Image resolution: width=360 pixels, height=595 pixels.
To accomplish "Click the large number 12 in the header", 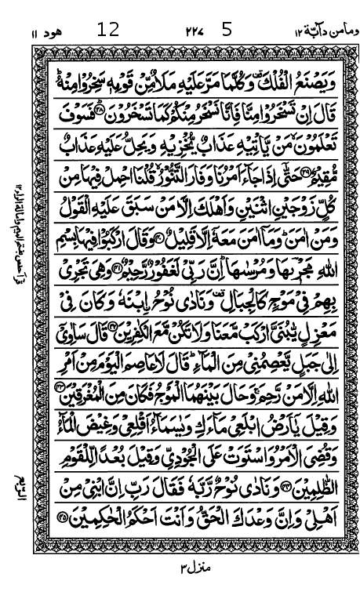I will click(108, 31).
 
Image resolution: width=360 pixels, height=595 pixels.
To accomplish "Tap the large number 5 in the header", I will click(227, 31).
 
